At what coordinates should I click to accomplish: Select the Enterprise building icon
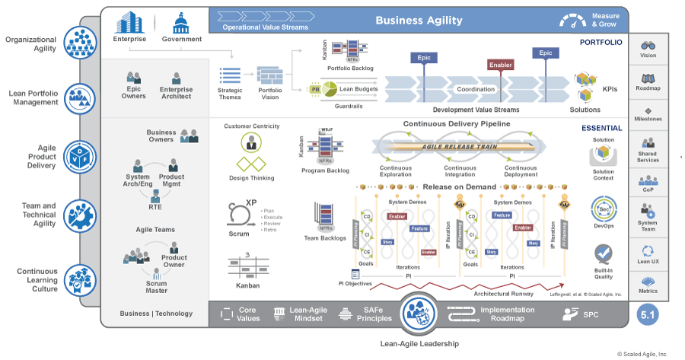[x=129, y=21]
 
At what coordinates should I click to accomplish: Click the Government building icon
[x=182, y=21]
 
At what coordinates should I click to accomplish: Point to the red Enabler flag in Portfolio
[x=500, y=65]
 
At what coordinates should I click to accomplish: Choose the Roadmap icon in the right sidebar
[x=648, y=78]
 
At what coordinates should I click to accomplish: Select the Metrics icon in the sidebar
[x=648, y=282]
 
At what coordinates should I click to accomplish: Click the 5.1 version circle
[x=646, y=314]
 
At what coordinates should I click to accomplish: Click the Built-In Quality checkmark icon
[x=604, y=253]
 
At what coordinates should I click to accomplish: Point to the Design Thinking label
[x=252, y=178]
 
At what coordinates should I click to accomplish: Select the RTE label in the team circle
[x=155, y=206]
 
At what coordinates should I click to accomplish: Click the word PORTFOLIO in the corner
[x=601, y=43]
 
